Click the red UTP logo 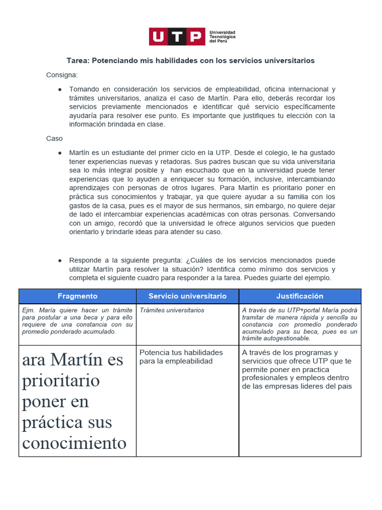pos(177,36)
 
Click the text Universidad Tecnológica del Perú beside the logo pos(222,36)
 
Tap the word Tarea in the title pos(78,60)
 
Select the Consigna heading pos(62,75)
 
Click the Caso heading pos(54,138)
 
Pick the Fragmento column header pos(78,296)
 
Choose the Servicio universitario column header pos(188,296)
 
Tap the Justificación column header pos(300,296)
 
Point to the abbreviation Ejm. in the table pos(28,310)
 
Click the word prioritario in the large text pos(61,381)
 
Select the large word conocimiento pos(74,443)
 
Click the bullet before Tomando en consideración pos(60,89)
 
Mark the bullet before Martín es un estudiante pos(60,152)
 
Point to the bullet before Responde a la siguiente pos(60,260)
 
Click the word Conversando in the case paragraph pos(314,214)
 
